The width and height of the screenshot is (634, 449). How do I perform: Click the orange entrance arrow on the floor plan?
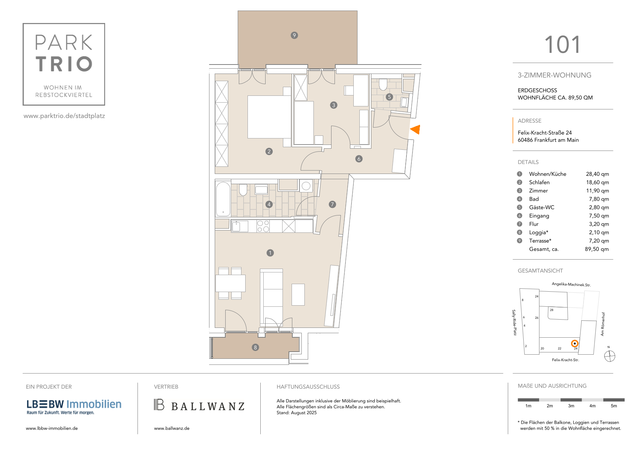click(416, 129)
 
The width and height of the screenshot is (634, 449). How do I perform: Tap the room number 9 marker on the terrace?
click(294, 35)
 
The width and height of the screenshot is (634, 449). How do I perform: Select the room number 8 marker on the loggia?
click(255, 348)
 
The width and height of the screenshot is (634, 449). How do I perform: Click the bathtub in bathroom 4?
click(223, 199)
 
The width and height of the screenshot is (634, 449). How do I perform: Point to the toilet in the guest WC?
click(383, 85)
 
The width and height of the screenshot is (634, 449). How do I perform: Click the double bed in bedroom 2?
click(269, 117)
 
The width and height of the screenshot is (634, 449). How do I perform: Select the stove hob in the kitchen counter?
click(263, 226)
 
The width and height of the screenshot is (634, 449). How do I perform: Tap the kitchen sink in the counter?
click(236, 226)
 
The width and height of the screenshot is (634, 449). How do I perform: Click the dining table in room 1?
click(231, 283)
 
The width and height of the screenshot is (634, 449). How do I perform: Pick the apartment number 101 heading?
click(562, 45)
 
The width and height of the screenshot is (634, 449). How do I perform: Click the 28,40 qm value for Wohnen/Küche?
click(597, 174)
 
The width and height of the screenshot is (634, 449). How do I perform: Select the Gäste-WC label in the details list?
click(541, 207)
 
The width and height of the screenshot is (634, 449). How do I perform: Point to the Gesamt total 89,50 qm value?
click(597, 249)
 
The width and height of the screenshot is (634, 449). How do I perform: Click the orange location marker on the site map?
click(574, 344)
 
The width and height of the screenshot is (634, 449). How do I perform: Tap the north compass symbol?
click(610, 356)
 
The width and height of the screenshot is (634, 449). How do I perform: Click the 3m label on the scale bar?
click(571, 406)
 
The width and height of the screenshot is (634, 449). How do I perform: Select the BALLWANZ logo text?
click(208, 406)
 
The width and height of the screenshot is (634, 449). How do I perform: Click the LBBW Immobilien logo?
click(74, 407)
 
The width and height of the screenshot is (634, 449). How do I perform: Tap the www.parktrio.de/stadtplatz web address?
click(64, 116)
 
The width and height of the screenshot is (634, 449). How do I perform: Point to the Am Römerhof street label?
click(603, 324)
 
